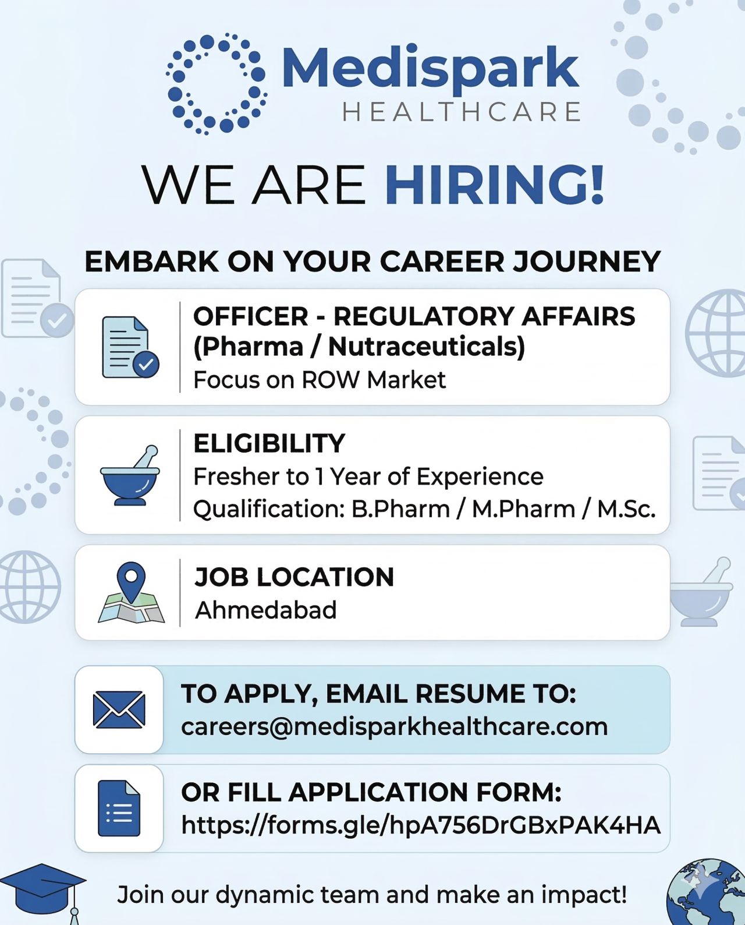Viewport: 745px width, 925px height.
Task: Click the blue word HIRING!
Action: pos(495,185)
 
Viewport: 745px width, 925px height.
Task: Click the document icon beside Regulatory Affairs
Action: pos(130,347)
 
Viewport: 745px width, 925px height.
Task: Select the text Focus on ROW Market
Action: pos(320,380)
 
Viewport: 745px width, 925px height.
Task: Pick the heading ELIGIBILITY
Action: pos(269,443)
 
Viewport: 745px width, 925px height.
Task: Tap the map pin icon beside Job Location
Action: pos(131,593)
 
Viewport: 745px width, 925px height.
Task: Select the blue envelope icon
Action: pos(119,709)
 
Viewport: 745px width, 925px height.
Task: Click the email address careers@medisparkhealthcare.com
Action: pos(395,727)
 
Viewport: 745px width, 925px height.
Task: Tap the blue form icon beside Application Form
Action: pos(119,808)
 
